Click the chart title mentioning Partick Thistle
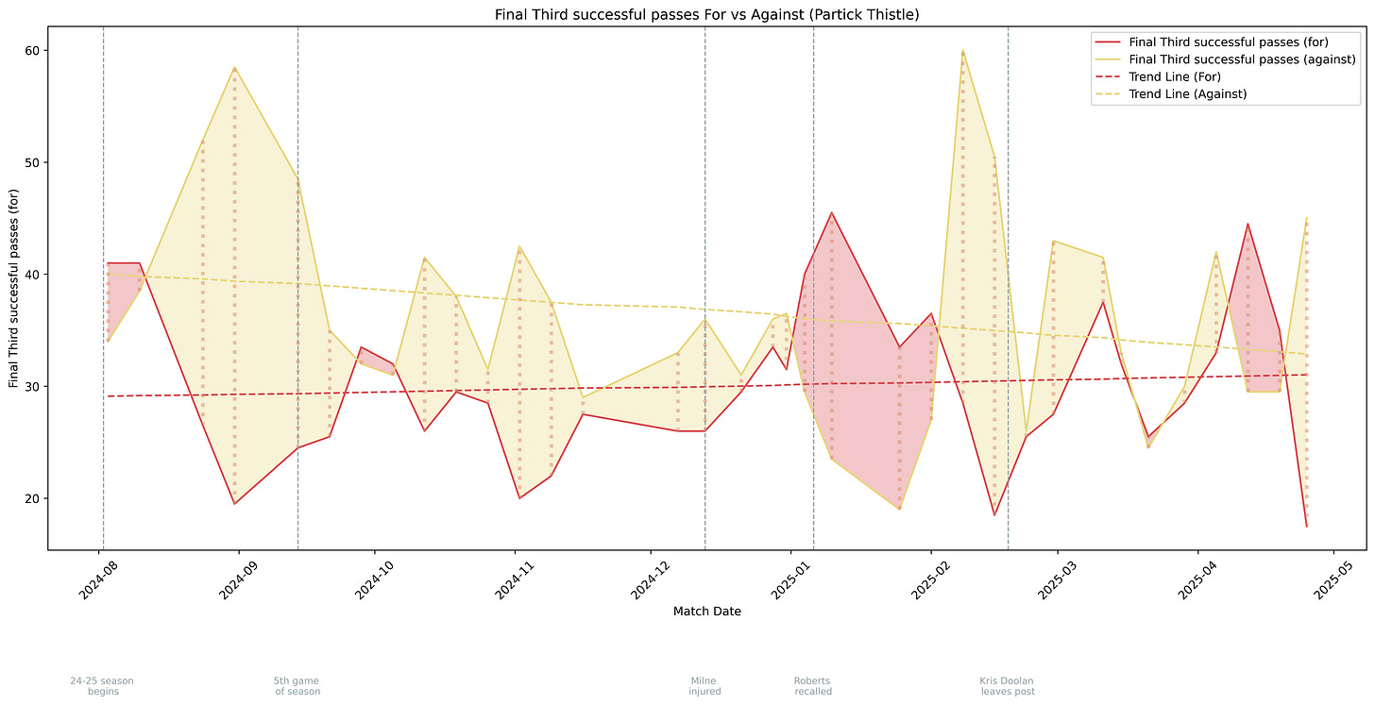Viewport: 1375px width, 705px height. (706, 15)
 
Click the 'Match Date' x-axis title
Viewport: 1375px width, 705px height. (706, 612)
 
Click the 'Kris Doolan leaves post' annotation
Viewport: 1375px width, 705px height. (1008, 686)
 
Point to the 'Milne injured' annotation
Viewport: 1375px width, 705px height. (704, 686)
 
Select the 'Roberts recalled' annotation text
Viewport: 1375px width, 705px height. (812, 686)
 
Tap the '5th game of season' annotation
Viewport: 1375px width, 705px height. (297, 686)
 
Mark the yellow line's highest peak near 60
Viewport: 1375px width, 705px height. (962, 50)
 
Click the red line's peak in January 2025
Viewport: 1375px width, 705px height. (831, 212)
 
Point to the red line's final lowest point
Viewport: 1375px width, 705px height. (1306, 526)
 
